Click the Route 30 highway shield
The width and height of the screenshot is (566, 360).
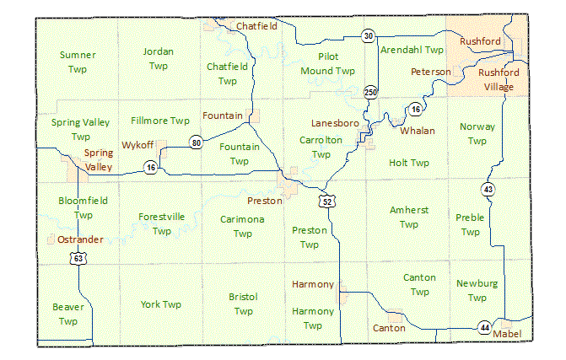[369, 35]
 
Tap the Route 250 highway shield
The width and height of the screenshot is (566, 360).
[370, 91]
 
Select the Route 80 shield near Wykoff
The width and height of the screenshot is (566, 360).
[196, 142]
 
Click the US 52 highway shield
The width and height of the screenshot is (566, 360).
[326, 201]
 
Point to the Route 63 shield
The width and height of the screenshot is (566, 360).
[78, 259]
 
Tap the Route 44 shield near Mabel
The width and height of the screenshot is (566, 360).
[484, 327]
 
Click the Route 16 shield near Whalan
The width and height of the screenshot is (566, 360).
[415, 109]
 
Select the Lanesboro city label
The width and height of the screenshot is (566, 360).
[335, 123]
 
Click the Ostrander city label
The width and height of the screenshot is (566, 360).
[81, 239]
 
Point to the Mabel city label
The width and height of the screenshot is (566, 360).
[507, 334]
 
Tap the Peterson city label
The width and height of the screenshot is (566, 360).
[430, 72]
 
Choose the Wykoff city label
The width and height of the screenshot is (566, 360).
[137, 144]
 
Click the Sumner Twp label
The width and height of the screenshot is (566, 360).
[78, 62]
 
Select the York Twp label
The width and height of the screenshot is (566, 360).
[161, 304]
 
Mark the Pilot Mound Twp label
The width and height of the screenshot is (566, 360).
[328, 64]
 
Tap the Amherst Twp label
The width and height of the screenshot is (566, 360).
[409, 217]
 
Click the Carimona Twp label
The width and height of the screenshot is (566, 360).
[243, 226]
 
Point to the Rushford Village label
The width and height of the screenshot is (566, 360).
[499, 79]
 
